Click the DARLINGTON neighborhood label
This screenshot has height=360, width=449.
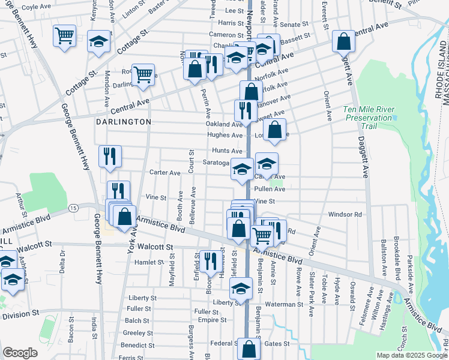pos(123,121)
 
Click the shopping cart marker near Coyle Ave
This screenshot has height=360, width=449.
pos(64,35)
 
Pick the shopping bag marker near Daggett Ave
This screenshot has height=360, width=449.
pos(343,41)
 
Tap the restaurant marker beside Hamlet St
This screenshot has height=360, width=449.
pos(210,262)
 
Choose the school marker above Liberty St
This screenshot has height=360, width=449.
pos(241,289)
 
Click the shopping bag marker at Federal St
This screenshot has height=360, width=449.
pos(249,350)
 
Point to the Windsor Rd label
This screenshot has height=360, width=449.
pos(345,214)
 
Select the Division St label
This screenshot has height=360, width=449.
pos(20,314)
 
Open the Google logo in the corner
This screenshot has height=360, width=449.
pos(20,353)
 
